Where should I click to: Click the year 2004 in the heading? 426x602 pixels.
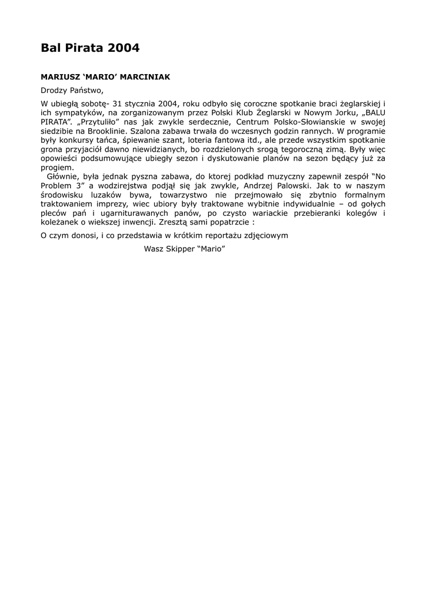coord(124,48)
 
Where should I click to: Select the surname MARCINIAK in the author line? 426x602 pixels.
coord(145,77)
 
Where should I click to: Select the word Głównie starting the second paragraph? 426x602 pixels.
coord(60,176)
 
